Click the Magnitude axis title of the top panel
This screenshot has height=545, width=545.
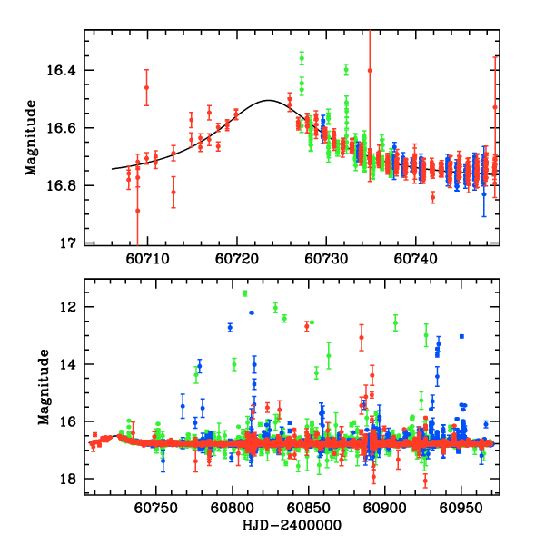(30, 137)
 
